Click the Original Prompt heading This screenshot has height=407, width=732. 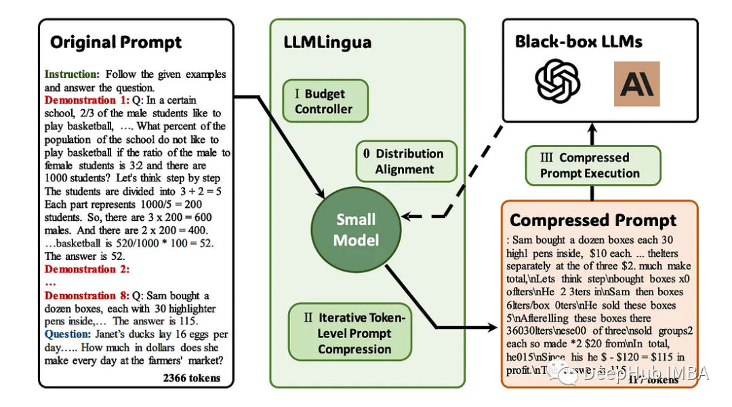point(116,43)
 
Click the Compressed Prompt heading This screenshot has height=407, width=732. point(593,221)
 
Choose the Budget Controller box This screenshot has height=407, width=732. point(324,102)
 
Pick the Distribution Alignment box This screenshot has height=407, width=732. point(406,162)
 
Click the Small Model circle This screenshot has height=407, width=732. point(356,230)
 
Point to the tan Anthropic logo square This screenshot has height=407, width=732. point(636,84)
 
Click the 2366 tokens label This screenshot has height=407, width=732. point(192,377)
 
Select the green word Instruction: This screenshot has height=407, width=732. point(72,74)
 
